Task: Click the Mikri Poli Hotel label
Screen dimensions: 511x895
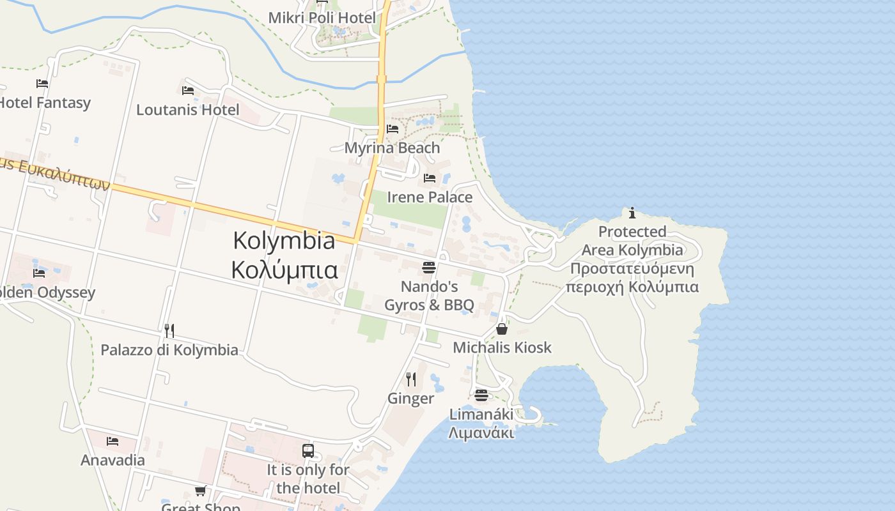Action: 322,18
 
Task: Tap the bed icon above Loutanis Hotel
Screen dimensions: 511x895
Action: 188,91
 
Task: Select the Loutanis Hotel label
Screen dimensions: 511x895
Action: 188,110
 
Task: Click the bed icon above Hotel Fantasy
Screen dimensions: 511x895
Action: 42,83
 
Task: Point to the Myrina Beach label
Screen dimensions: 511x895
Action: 392,148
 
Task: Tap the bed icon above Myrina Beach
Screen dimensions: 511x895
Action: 393,129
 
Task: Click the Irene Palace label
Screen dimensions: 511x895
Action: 430,197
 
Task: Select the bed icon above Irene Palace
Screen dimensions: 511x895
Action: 430,178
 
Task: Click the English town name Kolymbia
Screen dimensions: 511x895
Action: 284,241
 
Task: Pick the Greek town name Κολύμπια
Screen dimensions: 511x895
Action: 284,270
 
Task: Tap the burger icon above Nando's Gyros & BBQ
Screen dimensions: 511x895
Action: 429,267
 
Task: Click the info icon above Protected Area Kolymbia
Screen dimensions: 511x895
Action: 632,213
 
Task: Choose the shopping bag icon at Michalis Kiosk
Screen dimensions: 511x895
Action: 502,329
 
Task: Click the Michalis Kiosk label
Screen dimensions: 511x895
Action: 502,347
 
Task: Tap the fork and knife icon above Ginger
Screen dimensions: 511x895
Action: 411,379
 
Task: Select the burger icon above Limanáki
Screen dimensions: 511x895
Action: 481,395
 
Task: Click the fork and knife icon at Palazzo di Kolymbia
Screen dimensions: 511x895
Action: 169,330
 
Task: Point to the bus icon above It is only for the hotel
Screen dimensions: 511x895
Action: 308,451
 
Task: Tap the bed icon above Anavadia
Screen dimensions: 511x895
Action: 113,441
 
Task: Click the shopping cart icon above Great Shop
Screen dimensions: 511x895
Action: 201,491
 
